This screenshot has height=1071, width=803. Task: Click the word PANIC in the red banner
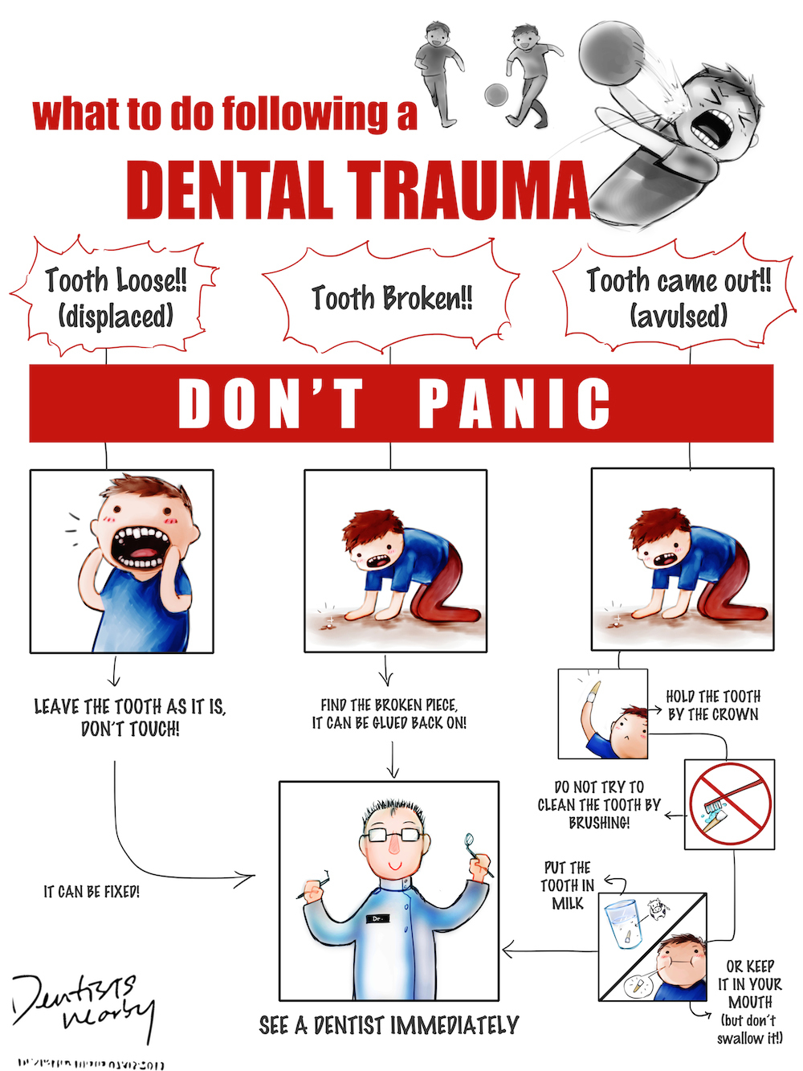[x=515, y=403]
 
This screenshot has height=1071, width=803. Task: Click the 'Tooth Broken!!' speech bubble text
[x=392, y=298]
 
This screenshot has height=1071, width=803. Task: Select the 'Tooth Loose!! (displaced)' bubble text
[x=116, y=297]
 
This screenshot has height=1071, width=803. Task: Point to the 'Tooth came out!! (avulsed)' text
[x=679, y=297]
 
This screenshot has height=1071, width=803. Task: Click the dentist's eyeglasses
[x=393, y=835]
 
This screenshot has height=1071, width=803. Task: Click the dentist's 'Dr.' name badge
[x=377, y=918]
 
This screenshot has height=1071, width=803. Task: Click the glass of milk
[x=621, y=924]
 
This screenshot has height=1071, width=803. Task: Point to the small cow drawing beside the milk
[x=658, y=908]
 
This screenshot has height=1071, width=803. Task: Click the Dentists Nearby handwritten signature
[x=80, y=1004]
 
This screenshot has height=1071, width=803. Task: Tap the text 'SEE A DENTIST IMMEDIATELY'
[x=389, y=1025]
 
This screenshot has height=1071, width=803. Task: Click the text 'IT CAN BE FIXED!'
[x=92, y=892]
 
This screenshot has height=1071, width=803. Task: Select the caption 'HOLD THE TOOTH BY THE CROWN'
[x=713, y=705]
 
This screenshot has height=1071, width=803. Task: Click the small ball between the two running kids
[x=496, y=94]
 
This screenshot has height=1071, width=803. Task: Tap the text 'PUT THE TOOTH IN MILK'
[x=568, y=885]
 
